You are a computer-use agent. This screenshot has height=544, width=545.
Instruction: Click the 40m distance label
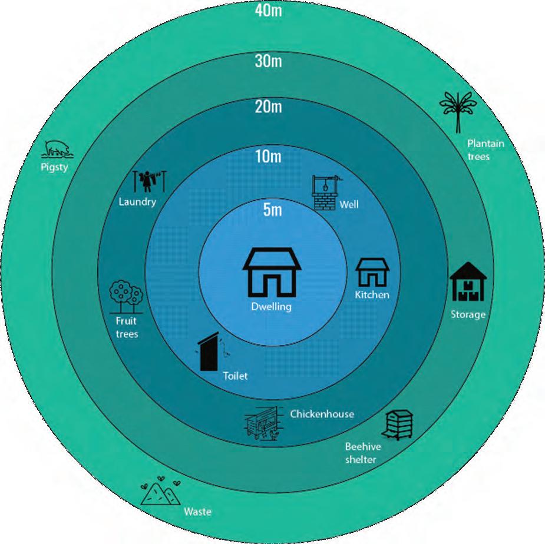pyautogui.click(x=268, y=11)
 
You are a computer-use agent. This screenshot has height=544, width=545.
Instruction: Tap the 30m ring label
pyautogui.click(x=268, y=60)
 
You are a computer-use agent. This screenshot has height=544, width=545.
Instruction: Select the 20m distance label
pyautogui.click(x=268, y=107)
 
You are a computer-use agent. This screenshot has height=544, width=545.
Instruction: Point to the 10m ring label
pyautogui.click(x=268, y=156)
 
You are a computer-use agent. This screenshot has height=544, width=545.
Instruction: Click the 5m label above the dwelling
pyautogui.click(x=272, y=210)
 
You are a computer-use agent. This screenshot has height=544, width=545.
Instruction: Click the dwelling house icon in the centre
pyautogui.click(x=272, y=271)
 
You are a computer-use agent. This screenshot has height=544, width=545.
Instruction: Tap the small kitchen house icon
pyautogui.click(x=372, y=271)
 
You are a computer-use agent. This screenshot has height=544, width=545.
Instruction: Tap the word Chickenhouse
pyautogui.click(x=322, y=414)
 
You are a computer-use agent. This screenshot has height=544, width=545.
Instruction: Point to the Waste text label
pyautogui.click(x=197, y=511)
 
